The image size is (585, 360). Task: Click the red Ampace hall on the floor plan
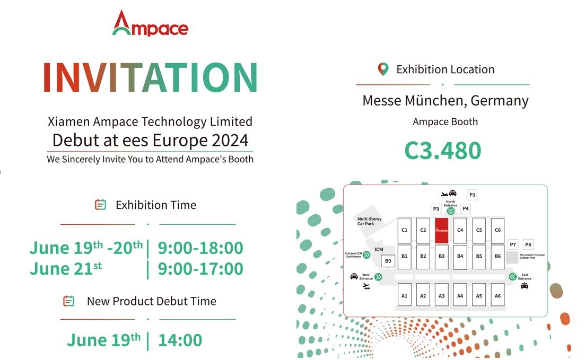[x=441, y=231]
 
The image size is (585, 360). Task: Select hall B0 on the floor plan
[x=388, y=261]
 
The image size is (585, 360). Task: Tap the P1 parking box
[x=472, y=195]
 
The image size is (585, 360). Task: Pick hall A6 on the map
[x=497, y=295]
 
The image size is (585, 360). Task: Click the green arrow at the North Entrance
[x=451, y=211]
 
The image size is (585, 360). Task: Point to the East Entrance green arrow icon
[x=512, y=276]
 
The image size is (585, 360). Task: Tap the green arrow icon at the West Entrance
[x=378, y=276]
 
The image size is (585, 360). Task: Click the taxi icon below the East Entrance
[x=524, y=286]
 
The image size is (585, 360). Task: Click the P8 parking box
[x=528, y=244]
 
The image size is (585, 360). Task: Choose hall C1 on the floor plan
[x=405, y=231]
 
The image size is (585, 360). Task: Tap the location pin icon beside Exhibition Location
[x=383, y=69]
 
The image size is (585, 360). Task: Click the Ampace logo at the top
[x=150, y=23]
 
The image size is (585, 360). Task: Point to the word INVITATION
[x=150, y=78]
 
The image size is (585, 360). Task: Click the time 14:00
[x=180, y=340]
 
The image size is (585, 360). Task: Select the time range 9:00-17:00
[x=200, y=269]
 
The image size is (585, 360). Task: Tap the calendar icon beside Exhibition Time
[x=100, y=205]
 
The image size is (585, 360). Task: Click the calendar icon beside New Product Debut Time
[x=68, y=301]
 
